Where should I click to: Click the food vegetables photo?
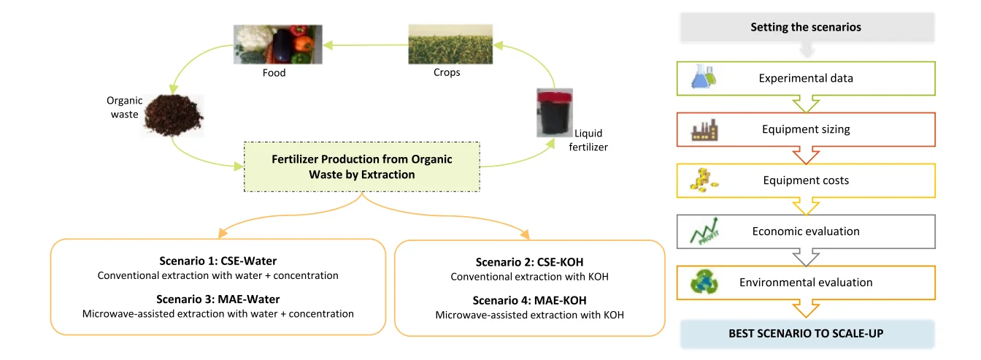coord(277,45)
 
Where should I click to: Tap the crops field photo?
coord(450,45)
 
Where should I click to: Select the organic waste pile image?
coord(174,115)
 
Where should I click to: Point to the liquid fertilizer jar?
coord(555,112)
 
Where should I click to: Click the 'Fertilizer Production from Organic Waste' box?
coord(362,167)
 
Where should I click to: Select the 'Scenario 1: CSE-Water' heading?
coord(218,261)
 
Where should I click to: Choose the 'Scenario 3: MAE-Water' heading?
coord(218,299)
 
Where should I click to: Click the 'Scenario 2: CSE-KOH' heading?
coord(529,262)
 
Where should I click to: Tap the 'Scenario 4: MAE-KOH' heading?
coord(529,300)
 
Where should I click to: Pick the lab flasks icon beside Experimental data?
coord(704,76)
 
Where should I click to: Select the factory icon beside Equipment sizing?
coord(704,130)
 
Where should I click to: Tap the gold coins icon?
coord(704,180)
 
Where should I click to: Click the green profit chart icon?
coord(704,231)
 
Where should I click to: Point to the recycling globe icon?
coord(704,282)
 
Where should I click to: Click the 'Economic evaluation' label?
coord(806,231)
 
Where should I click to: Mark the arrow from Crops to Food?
coord(366,45)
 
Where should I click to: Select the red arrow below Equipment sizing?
coord(806,156)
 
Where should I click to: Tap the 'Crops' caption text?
coord(447,72)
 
